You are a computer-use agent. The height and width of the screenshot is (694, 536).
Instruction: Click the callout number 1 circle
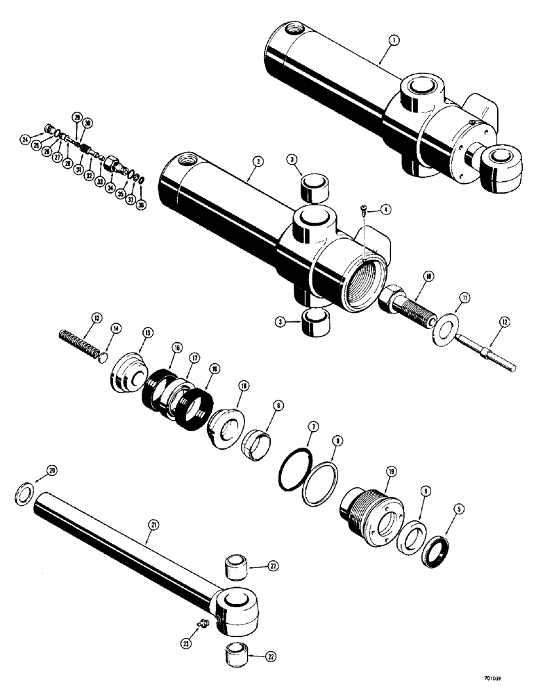393,41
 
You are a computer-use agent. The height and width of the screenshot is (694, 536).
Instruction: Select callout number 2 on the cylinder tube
258,162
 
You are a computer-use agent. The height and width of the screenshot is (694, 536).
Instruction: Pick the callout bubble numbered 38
142,205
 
